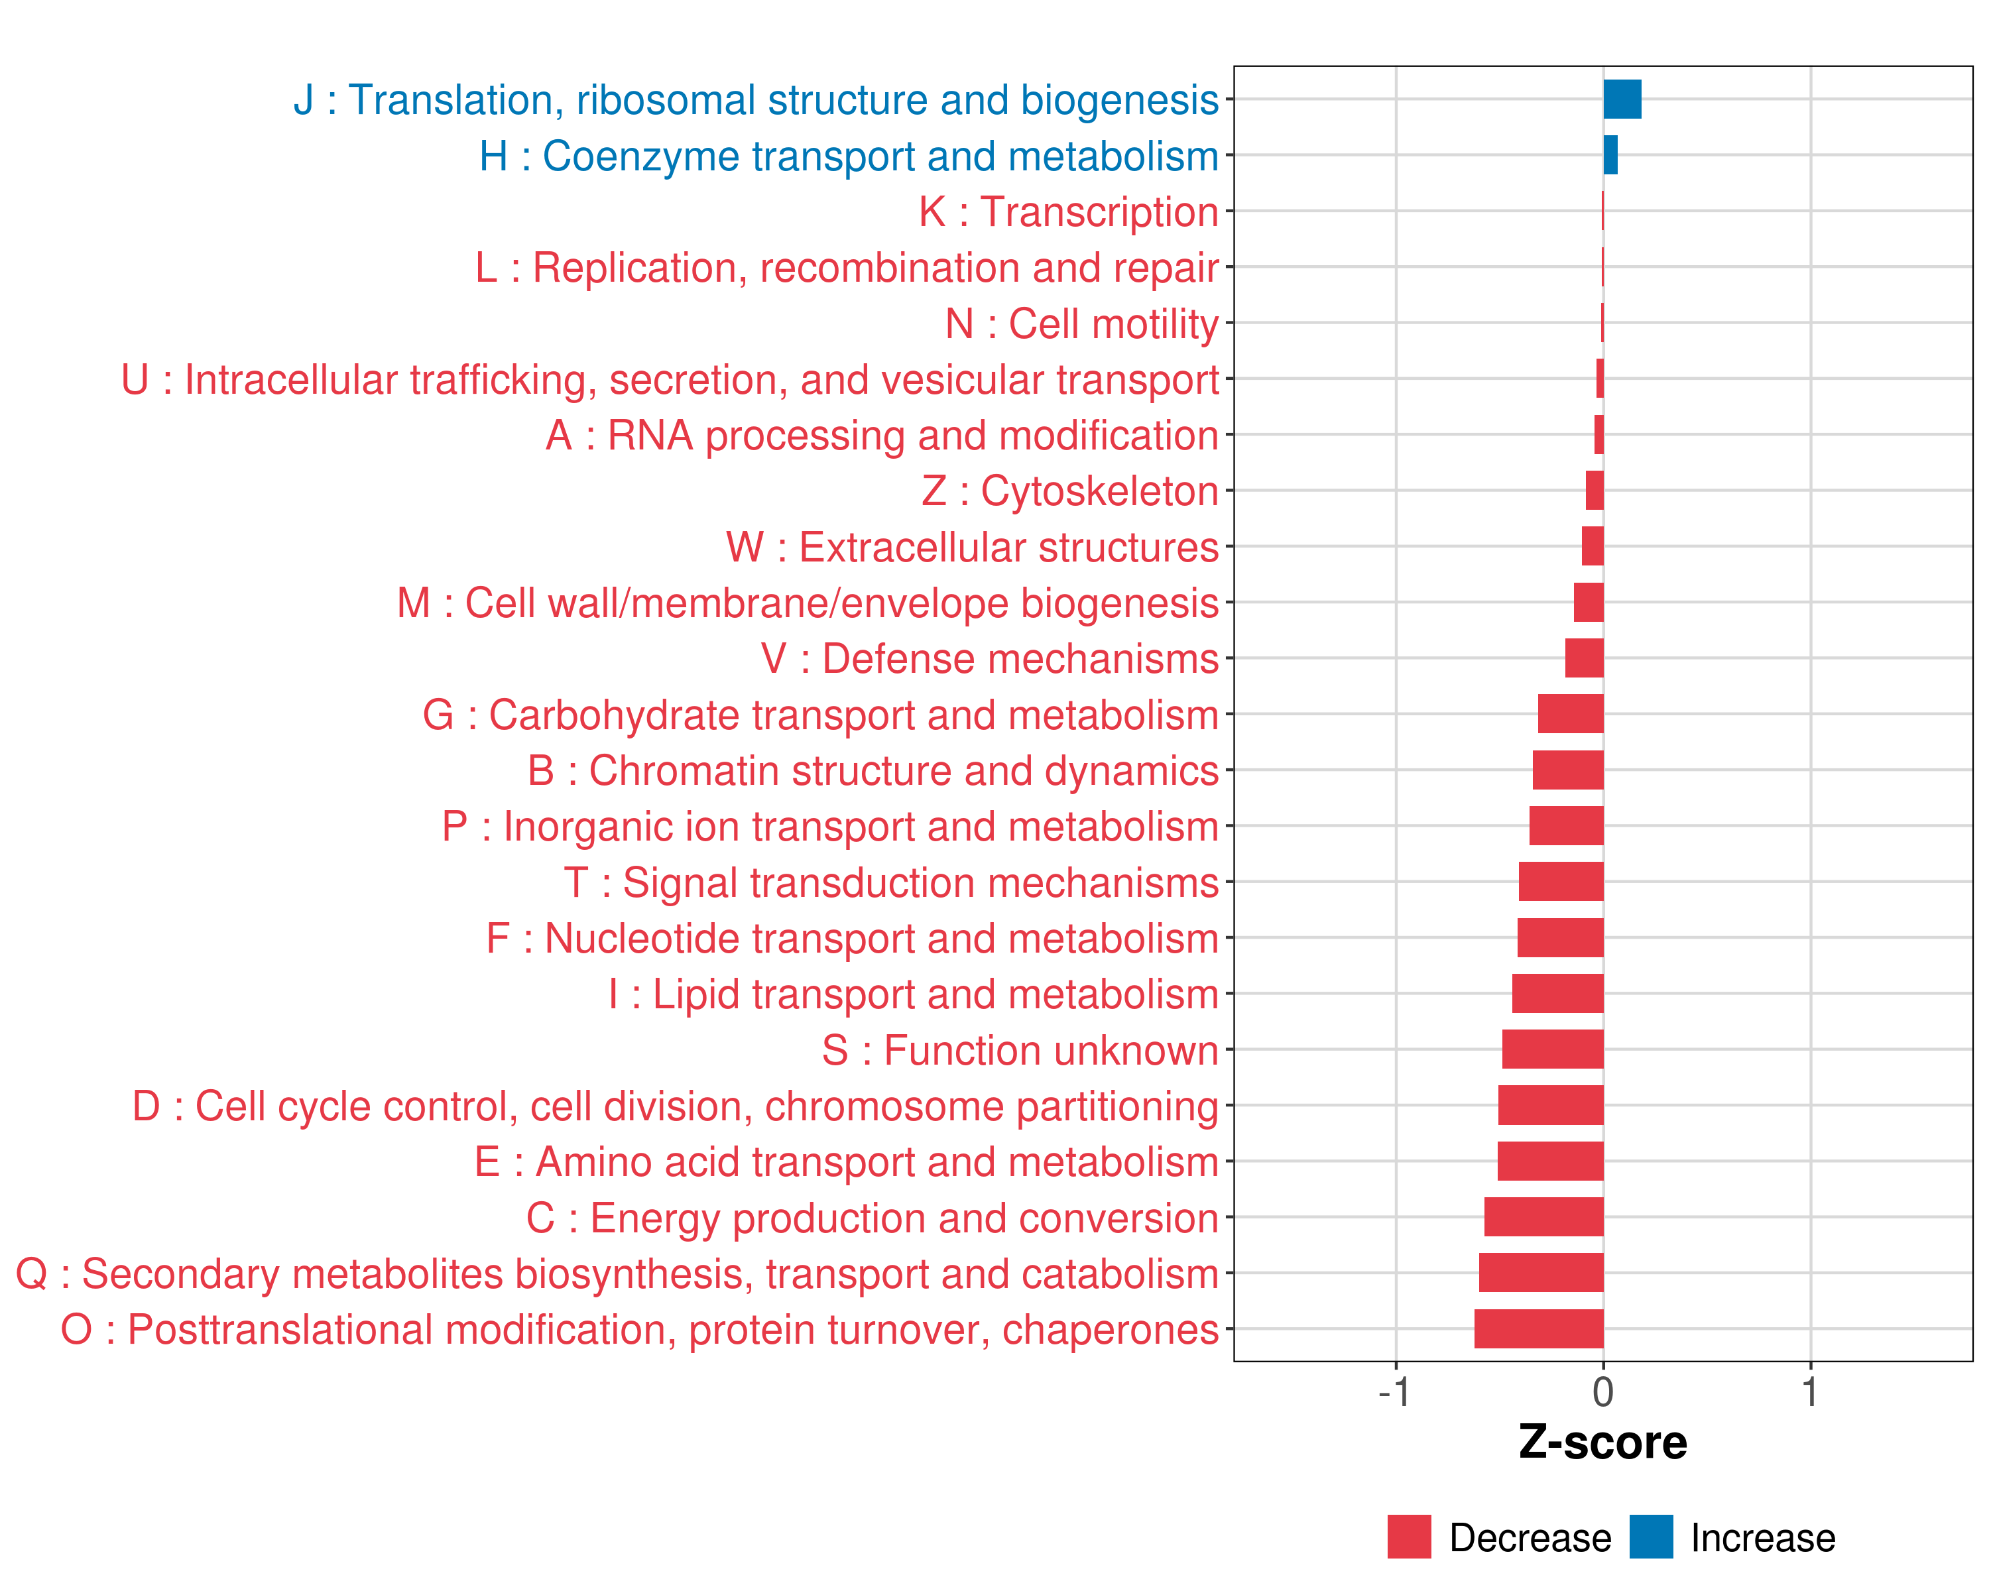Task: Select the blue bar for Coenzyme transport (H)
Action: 1610,155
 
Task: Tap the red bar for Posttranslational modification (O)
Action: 1538,1329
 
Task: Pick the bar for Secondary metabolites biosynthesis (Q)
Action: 1541,1273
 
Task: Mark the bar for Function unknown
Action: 1553,1049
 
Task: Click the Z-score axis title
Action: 1602,1443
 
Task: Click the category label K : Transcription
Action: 1068,212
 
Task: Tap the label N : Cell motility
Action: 1081,324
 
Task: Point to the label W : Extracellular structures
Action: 973,548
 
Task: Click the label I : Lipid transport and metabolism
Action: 914,994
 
